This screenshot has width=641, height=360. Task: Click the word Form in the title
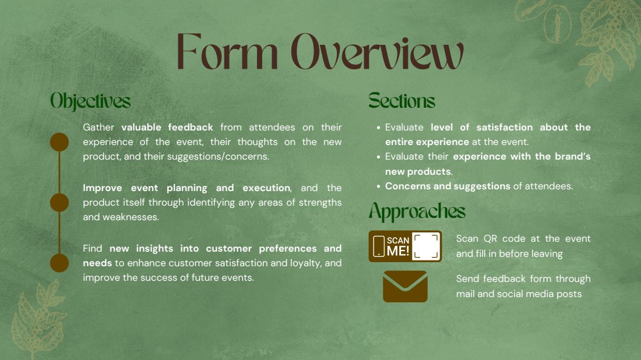tap(227, 51)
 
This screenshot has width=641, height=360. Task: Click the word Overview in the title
tap(378, 51)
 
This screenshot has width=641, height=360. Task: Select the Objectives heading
tap(90, 101)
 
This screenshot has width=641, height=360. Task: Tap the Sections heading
tap(401, 101)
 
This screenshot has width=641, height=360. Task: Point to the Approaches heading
tap(417, 211)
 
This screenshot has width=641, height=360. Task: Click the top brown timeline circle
tap(59, 142)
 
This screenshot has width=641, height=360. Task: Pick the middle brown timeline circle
tap(59, 203)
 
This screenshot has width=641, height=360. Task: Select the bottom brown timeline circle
tap(59, 263)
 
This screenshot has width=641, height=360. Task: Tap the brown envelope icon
tap(405, 287)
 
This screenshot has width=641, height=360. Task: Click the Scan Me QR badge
tap(405, 246)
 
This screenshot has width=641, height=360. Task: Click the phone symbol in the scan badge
tap(379, 246)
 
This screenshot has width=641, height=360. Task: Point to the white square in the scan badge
tap(425, 246)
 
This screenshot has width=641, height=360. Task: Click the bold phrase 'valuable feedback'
tap(167, 127)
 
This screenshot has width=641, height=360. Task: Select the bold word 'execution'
tap(266, 188)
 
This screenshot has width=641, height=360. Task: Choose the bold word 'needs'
tap(97, 263)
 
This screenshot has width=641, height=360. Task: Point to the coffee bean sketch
tap(557, 24)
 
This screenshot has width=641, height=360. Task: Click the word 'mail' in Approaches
tap(465, 294)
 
